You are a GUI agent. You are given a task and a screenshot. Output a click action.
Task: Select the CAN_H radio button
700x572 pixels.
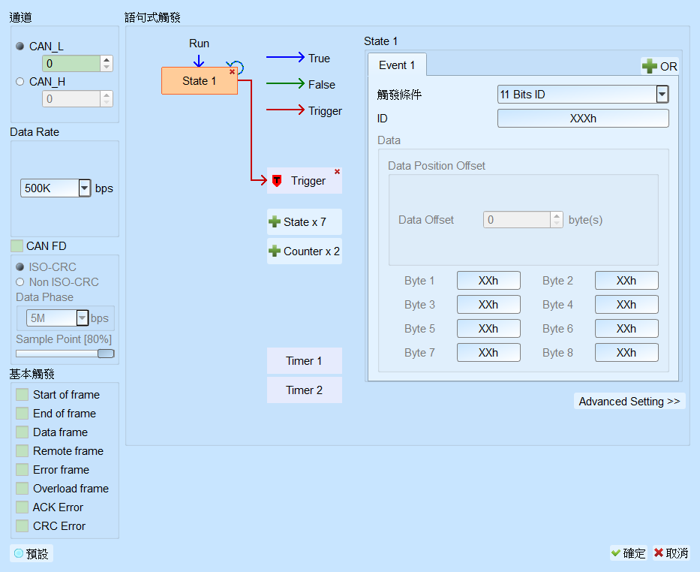click(x=20, y=82)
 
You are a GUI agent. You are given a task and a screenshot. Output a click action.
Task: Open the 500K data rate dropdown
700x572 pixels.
click(x=84, y=188)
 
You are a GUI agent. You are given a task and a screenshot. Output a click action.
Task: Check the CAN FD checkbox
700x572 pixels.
click(x=17, y=246)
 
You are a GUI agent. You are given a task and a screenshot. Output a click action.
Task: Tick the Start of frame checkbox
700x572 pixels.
click(x=22, y=395)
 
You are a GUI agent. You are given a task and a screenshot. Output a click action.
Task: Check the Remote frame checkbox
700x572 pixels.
click(x=22, y=451)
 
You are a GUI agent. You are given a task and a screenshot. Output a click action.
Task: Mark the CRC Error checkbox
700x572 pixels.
click(x=22, y=526)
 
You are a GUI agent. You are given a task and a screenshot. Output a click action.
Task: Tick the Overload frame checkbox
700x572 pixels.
click(x=22, y=489)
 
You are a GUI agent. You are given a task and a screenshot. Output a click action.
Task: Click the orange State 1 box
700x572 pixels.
click(x=199, y=81)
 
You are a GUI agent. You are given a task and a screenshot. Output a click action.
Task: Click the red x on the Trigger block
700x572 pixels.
click(x=337, y=172)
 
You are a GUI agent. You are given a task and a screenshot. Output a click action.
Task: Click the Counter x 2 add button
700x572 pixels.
click(x=305, y=251)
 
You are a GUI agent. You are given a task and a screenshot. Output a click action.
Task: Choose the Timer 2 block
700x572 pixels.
click(x=305, y=390)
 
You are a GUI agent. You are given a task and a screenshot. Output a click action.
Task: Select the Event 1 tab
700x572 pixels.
click(x=397, y=65)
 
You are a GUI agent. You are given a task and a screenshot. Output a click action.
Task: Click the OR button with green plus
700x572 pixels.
click(x=659, y=67)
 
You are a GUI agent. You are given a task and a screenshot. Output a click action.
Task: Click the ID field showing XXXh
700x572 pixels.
click(x=583, y=119)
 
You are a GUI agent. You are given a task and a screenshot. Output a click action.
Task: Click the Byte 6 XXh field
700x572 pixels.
click(x=626, y=329)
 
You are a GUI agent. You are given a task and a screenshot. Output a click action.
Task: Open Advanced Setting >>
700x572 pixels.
click(x=629, y=402)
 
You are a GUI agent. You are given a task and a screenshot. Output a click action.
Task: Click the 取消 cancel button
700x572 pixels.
click(x=671, y=553)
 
